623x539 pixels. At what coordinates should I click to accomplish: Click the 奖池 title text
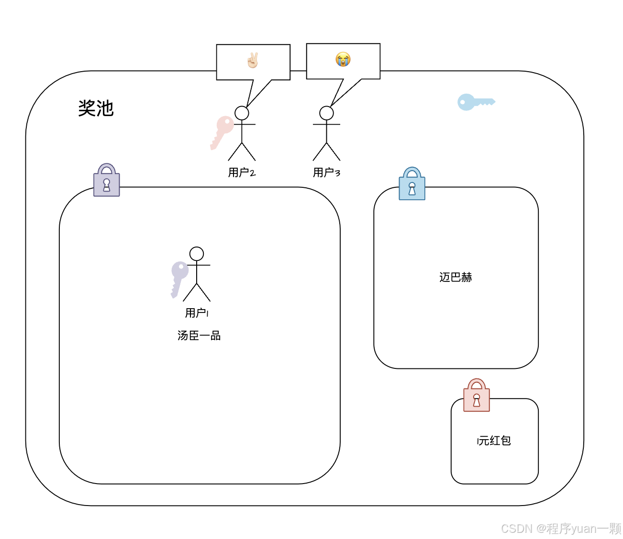click(96, 108)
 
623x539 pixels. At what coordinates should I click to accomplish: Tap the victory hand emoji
click(253, 60)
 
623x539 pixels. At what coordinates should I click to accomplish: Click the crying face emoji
click(343, 59)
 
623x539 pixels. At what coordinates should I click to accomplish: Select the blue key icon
click(475, 102)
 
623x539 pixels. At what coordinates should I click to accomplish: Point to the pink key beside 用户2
click(222, 132)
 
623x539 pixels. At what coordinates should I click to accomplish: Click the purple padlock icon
click(107, 181)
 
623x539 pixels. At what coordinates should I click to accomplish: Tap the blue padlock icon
click(412, 184)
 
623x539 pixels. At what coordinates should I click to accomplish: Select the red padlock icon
click(477, 396)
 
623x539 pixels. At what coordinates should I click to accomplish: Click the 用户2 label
click(242, 172)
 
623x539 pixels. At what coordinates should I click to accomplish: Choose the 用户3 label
click(326, 172)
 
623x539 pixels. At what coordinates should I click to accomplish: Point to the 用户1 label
click(197, 313)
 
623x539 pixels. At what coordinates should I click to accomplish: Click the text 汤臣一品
click(199, 335)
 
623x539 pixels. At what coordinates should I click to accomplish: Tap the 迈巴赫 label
click(456, 277)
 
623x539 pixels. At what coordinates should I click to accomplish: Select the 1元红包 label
click(494, 441)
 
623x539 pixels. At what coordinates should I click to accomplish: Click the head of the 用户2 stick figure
click(242, 113)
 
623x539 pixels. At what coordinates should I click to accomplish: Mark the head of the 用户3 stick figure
click(326, 113)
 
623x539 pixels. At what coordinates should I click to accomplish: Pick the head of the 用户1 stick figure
click(197, 254)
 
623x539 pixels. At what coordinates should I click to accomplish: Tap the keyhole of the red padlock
click(477, 399)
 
